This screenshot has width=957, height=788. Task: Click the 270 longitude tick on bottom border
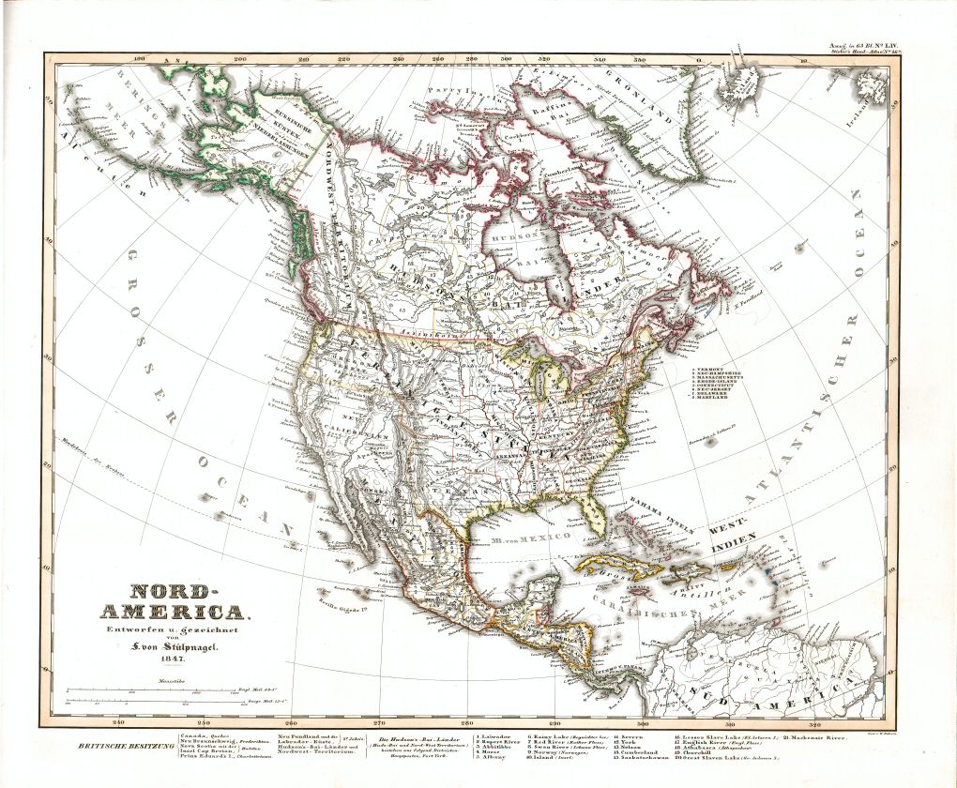coord(379,723)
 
